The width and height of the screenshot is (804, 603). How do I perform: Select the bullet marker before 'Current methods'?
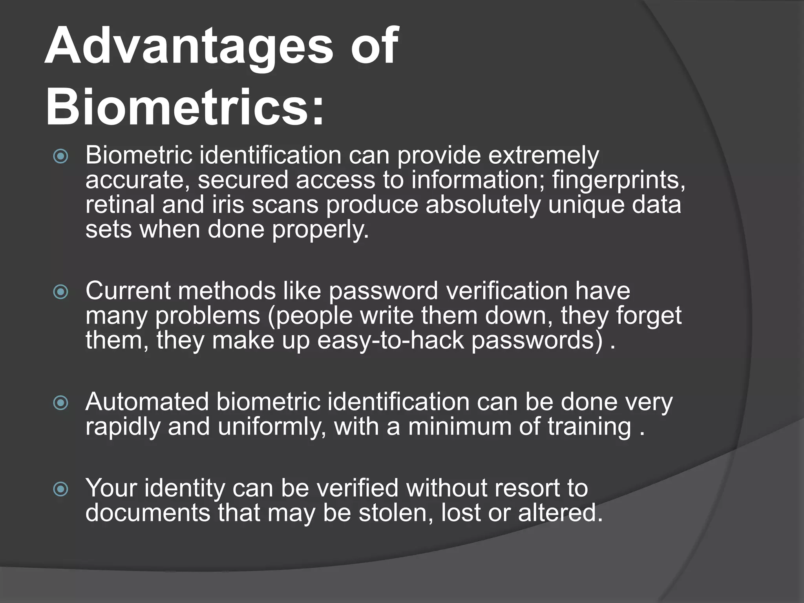pos(61,291)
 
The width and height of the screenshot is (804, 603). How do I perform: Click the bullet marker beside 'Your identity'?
pos(61,489)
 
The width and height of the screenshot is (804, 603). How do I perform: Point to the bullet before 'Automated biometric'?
pos(61,403)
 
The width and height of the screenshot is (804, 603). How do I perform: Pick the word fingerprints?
pos(618,181)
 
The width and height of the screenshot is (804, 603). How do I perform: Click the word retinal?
pos(120,205)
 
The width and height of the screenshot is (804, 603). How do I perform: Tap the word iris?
pos(228,205)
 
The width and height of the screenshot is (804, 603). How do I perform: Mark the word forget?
pos(648,316)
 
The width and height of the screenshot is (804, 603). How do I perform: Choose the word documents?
pos(148,513)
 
